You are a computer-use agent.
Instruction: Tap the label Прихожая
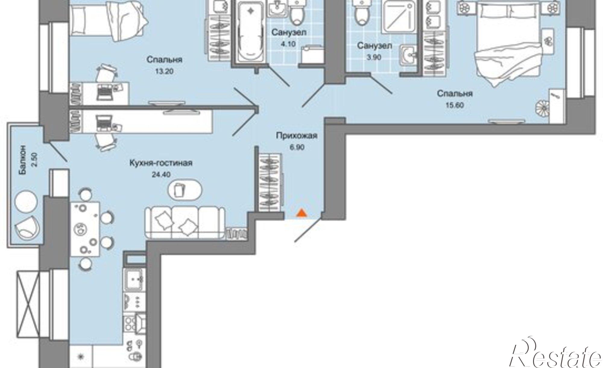(297, 136)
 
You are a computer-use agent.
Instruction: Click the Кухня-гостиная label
(161, 163)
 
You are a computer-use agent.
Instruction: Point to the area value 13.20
(165, 71)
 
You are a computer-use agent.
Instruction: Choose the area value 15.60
(455, 105)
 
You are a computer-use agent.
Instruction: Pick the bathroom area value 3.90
(374, 57)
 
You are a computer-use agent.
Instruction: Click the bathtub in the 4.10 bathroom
(250, 31)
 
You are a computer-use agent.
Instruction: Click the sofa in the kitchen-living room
(185, 223)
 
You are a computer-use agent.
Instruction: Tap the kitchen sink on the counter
(134, 279)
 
